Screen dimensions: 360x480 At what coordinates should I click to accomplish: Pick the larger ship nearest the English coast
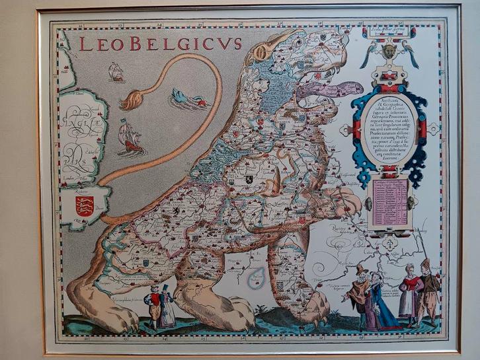[131, 137]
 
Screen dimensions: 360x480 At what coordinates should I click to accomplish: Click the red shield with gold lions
[84, 206]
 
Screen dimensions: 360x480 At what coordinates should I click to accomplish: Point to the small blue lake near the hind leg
[256, 281]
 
